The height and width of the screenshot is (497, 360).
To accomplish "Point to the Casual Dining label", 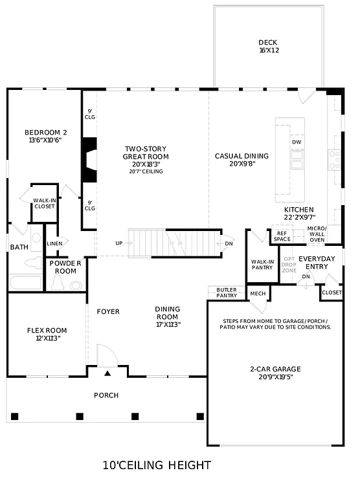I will (x=242, y=159).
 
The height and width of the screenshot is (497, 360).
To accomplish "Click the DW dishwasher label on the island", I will (x=297, y=142).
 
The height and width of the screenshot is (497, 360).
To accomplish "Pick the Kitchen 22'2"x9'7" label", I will (x=298, y=214).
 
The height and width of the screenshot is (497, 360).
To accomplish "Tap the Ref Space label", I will (x=282, y=236).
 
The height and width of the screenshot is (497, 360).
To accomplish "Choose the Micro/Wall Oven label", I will (x=317, y=234).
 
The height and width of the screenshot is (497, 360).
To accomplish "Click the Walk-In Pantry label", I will (x=262, y=265).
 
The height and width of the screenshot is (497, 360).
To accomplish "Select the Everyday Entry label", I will (x=317, y=262).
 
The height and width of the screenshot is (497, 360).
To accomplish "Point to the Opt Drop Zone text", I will (x=289, y=264).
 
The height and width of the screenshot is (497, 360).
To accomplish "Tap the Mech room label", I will (x=258, y=294).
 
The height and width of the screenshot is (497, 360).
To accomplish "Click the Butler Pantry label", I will (x=227, y=293).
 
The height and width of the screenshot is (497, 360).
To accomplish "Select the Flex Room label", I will (x=47, y=334).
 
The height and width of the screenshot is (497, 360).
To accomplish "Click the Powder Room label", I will (x=65, y=267).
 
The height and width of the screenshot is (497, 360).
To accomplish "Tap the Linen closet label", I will (x=54, y=243).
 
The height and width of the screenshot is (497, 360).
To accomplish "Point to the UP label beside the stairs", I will (x=118, y=243).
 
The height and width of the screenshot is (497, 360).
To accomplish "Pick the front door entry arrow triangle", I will (x=108, y=373).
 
